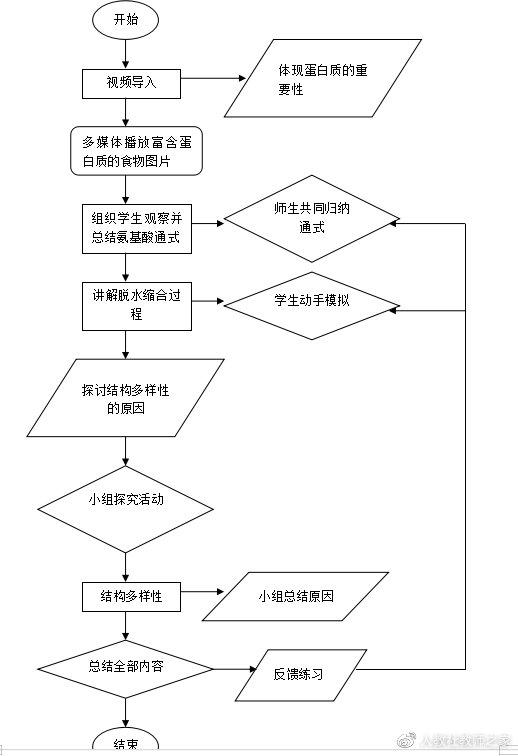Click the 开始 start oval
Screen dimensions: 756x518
pos(126,19)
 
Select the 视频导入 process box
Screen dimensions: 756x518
pos(131,83)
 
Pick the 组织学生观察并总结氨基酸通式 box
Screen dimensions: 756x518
pos(136,228)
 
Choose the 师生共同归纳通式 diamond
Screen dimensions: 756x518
pos(312,220)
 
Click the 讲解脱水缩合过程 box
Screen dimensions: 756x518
pos(136,305)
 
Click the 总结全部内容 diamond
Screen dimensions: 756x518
pos(126,668)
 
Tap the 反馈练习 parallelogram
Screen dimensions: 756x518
pos(298,676)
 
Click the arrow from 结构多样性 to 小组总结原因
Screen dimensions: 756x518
pos(201,597)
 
